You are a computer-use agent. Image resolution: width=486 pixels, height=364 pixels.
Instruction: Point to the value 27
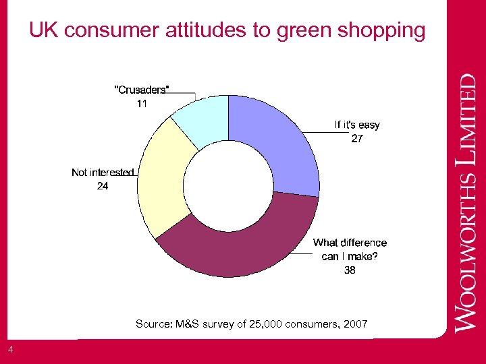357,139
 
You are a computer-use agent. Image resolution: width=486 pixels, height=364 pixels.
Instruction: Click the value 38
350,270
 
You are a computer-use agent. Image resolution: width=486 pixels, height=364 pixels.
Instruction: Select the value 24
102,187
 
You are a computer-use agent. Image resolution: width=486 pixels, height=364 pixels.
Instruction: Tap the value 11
142,104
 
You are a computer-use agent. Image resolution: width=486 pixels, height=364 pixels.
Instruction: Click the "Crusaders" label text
142,90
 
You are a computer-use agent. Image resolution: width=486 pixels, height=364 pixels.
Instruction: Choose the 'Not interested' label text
103,173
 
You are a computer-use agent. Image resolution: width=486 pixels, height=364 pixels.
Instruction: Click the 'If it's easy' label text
357,125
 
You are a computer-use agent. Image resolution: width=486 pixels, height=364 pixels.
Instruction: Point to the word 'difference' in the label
363,243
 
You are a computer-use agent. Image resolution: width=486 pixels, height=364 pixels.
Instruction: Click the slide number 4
10,348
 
